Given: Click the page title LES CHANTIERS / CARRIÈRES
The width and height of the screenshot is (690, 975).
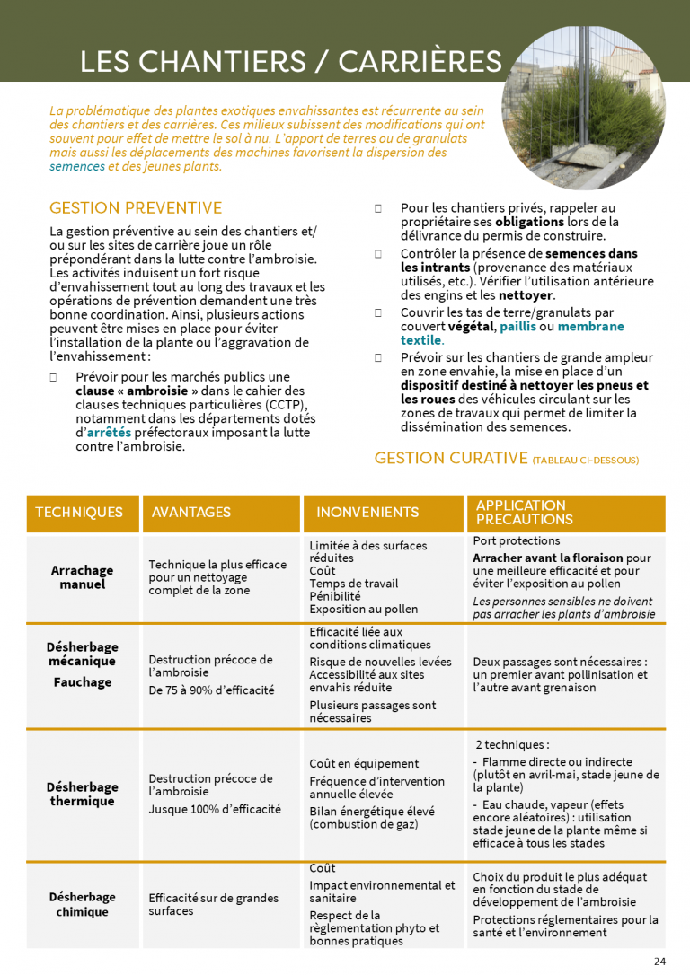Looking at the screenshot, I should [x=290, y=61].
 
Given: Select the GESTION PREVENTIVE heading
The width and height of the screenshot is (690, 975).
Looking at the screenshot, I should [x=136, y=208].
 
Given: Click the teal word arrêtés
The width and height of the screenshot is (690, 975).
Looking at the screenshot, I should [x=108, y=433].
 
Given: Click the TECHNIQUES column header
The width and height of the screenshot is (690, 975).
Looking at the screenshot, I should [x=79, y=512].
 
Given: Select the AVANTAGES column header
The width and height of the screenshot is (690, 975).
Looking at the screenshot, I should [x=191, y=512].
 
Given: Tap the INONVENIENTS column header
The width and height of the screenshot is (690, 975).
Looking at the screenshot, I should [x=367, y=512].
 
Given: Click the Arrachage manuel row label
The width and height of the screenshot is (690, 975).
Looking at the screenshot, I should [x=83, y=577].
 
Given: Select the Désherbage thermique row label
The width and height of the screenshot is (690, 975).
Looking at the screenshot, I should [x=83, y=794].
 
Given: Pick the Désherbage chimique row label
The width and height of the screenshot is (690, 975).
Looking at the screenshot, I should [x=83, y=904].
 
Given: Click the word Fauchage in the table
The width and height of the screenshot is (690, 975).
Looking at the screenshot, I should [x=82, y=682].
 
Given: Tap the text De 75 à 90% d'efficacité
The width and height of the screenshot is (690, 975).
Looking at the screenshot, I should [x=211, y=690].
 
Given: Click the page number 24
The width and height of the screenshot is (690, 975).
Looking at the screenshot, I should [x=660, y=962].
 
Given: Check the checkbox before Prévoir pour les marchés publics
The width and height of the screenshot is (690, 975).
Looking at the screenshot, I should [x=54, y=378].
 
